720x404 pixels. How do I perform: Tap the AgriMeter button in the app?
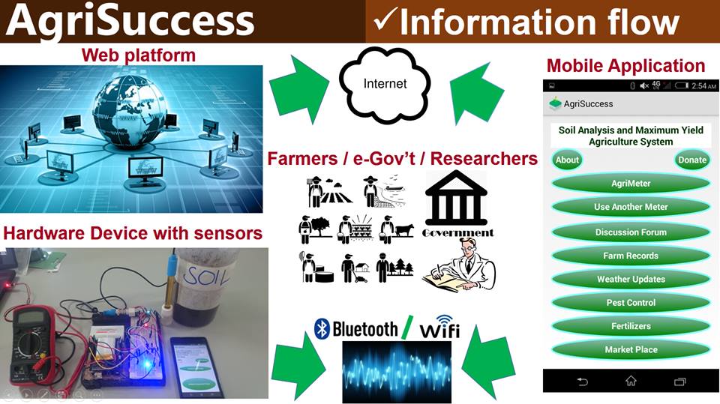(630, 184)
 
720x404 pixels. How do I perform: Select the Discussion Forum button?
(630, 232)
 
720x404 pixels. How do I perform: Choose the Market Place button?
(630, 349)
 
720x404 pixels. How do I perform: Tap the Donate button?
(691, 160)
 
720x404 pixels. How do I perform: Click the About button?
(567, 160)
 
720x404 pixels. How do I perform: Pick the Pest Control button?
(630, 303)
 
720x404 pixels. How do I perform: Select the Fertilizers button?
(630, 326)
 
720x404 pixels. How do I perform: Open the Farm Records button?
(630, 256)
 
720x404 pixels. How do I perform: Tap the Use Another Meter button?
(630, 207)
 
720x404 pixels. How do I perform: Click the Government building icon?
(456, 199)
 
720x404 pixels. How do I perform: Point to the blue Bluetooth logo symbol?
(322, 328)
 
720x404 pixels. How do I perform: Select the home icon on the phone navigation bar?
(630, 381)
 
